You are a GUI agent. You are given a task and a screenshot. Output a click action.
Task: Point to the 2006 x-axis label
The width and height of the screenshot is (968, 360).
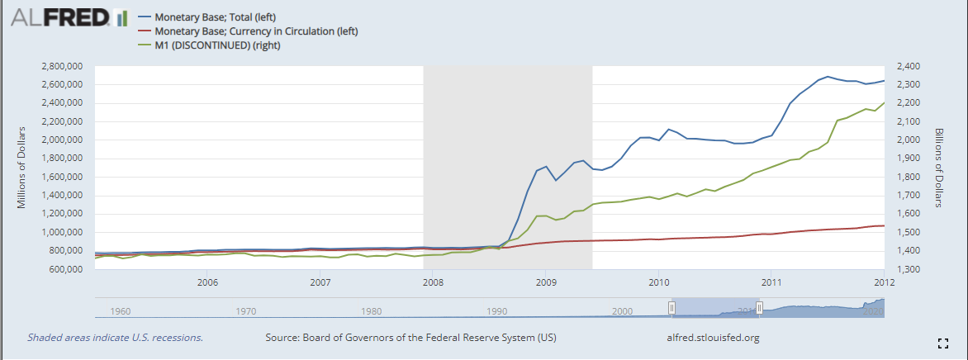tap(207, 282)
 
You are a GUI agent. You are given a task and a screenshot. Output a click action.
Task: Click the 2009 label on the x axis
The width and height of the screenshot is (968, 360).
tap(545, 282)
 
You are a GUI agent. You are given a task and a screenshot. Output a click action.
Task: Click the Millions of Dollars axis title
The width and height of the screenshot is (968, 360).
tap(25, 168)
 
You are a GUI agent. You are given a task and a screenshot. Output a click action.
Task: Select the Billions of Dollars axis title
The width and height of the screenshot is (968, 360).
tap(939, 168)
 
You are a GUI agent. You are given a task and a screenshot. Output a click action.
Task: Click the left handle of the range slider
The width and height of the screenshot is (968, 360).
tap(671, 307)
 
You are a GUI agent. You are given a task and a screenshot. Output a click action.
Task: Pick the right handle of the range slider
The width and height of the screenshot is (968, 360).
tap(759, 307)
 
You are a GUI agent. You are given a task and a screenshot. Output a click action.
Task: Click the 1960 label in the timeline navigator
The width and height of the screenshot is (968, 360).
tap(120, 311)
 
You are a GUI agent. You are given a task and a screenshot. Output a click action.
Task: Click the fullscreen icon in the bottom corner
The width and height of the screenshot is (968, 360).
tap(942, 341)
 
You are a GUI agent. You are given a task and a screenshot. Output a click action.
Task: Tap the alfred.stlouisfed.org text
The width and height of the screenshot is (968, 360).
tap(712, 338)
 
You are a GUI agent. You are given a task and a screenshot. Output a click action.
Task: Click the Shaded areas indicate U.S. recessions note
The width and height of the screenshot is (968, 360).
tap(115, 338)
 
